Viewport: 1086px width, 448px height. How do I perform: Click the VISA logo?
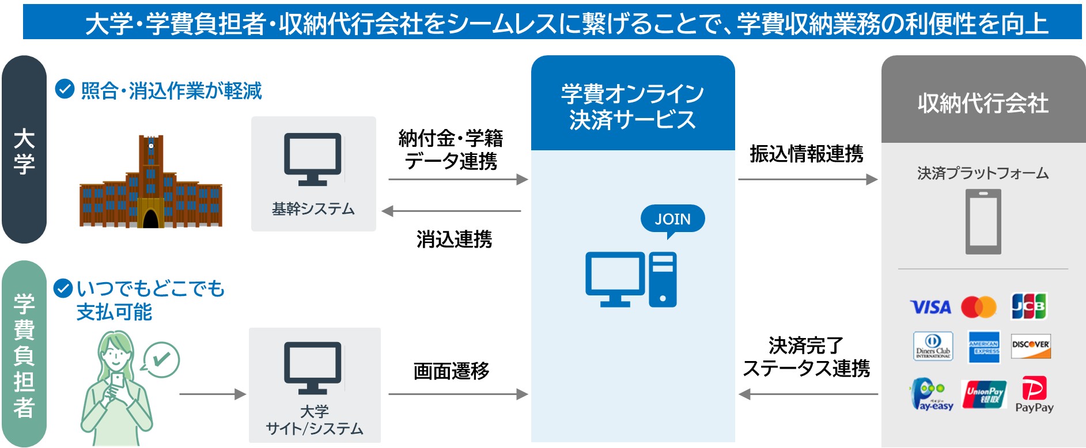930,307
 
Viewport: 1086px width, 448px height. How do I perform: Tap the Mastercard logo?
978,307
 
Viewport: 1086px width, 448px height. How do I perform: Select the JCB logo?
1028,306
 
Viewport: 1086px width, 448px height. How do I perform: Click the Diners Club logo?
933,346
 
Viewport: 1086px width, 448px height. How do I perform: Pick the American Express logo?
983,347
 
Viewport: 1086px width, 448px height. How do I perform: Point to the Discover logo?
1031,346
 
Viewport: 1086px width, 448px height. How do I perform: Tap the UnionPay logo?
983,395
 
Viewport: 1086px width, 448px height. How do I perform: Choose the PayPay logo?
1034,395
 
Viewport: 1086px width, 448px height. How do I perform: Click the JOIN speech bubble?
672,219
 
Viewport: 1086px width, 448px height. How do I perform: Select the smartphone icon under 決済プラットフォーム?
983,222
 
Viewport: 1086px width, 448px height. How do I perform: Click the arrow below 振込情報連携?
807,180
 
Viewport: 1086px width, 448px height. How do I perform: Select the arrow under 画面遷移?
458,394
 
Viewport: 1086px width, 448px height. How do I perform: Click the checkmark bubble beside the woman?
161,360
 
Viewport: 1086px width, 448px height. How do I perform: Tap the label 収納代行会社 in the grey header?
983,104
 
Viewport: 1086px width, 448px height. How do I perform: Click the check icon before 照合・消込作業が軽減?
65,89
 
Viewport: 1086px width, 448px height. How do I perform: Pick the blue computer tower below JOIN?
663,280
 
